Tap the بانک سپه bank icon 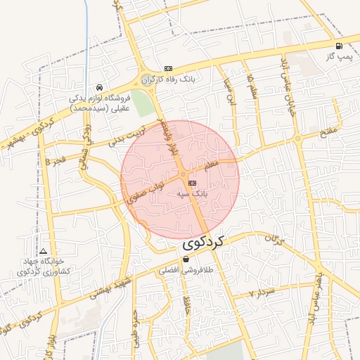tap(193, 182)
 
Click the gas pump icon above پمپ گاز tap(340, 46)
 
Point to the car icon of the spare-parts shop tap(99, 89)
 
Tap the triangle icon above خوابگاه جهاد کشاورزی tap(44, 251)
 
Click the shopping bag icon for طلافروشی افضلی tap(186, 259)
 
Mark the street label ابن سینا tap(229, 94)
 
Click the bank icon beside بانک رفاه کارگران tap(167, 68)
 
